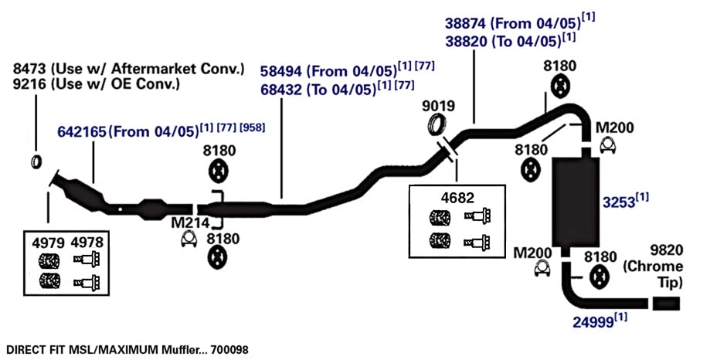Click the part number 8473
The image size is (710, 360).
coord(29,69)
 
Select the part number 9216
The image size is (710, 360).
coord(29,83)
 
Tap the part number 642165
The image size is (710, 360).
coord(81,132)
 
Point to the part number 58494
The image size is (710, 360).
coord(280,71)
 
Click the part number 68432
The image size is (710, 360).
coord(280,90)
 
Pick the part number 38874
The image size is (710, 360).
coord(466,23)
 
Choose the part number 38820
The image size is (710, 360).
coord(466,41)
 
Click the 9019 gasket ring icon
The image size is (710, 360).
coord(437,124)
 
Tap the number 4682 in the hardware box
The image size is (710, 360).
coord(457,198)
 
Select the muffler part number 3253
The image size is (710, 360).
coord(619,202)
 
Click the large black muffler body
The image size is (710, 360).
coord(575,202)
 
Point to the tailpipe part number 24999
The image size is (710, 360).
coord(593,322)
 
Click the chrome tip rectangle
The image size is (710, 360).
coord(666,304)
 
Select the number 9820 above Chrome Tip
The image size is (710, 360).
coord(667,250)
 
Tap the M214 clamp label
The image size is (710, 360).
coord(190,222)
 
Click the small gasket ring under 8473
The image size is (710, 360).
coord(36,161)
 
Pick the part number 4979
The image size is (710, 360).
coord(48,243)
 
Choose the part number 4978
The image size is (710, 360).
coord(87,243)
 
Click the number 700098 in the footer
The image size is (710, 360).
coord(229,350)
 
